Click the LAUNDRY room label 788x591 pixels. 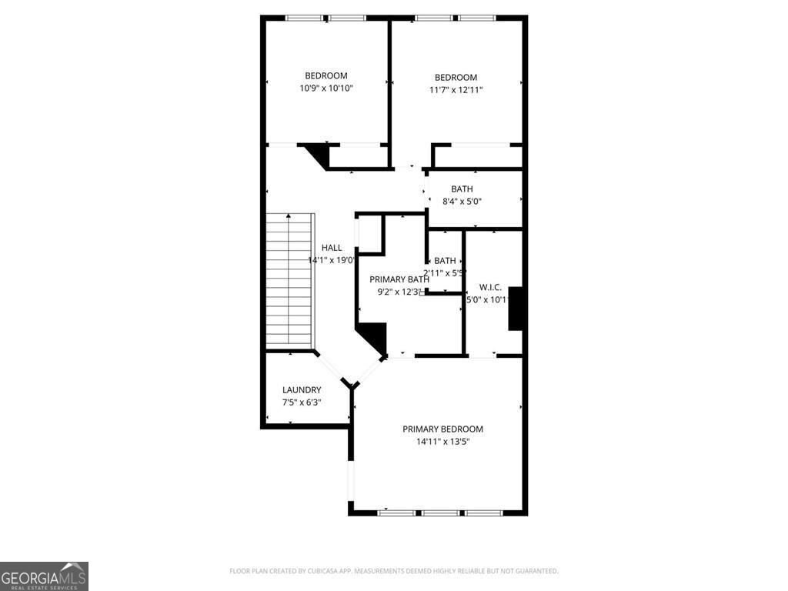tap(302, 390)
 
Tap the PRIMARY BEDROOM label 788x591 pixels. tap(442, 429)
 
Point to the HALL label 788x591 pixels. tap(332, 248)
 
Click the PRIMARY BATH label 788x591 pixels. tap(394, 279)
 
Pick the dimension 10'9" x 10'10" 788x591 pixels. tap(326, 88)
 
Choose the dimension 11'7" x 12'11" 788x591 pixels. tap(456, 90)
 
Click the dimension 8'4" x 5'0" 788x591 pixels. tap(462, 202)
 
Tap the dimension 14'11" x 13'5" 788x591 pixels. tap(443, 442)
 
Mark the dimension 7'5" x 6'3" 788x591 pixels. tap(302, 402)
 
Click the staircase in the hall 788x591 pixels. tap(290, 281)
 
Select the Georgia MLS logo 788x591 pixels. tap(44, 576)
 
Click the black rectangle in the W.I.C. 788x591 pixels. tap(516, 309)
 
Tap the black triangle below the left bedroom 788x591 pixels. tap(317, 153)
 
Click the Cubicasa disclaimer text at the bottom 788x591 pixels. tap(393, 571)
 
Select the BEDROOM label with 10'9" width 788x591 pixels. tap(326, 75)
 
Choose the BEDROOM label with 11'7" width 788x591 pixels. tap(456, 77)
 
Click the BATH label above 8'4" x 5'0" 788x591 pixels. tap(462, 189)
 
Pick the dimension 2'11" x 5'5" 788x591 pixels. tap(445, 273)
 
